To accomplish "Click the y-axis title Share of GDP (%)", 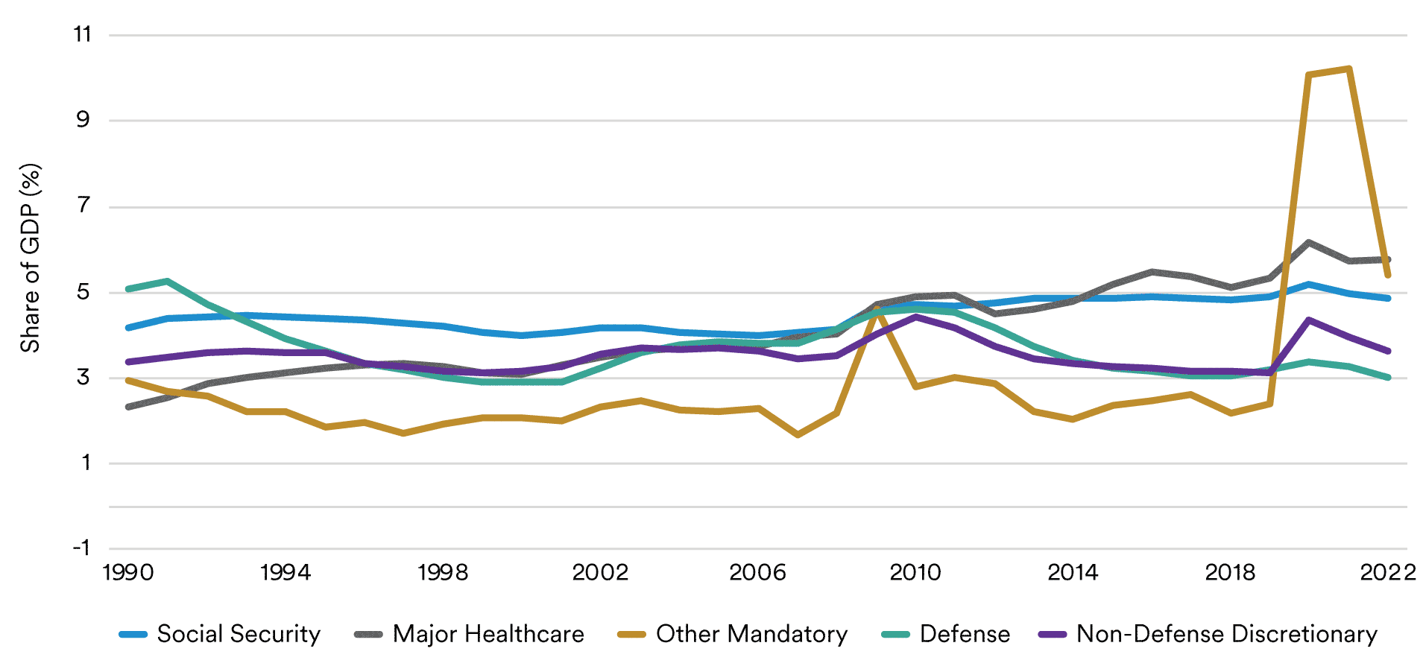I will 30,258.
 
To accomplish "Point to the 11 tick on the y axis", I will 83,34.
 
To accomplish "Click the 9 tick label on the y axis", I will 83,120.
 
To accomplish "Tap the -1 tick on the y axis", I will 81,548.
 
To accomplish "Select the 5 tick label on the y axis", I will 83,291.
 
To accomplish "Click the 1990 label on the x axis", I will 128,573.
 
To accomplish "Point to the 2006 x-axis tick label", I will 757,573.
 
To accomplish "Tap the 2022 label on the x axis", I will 1388,573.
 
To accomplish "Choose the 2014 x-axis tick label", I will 1073,573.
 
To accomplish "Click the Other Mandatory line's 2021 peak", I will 1348,69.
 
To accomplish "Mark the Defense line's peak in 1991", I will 168,281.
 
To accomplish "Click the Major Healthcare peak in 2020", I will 1309,243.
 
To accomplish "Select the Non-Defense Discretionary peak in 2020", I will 1309,320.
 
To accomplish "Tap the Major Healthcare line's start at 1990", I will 128,407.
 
